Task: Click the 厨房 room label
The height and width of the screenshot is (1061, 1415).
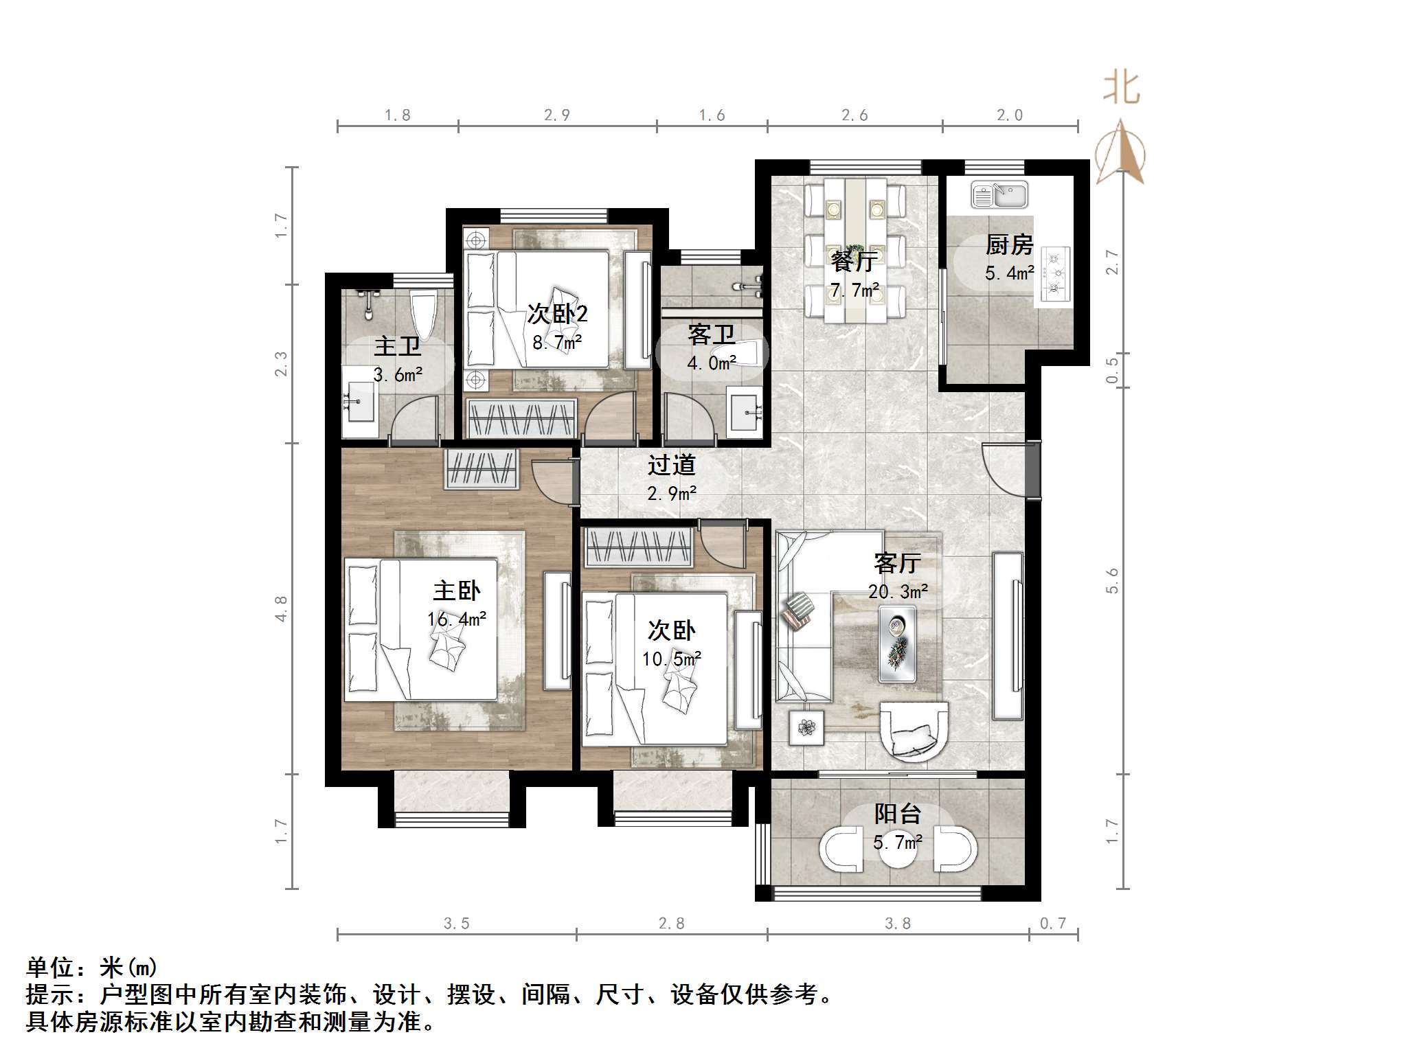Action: (1009, 244)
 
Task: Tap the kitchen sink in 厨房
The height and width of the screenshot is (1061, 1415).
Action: (999, 195)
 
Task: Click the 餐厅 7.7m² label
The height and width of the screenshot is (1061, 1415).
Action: (854, 275)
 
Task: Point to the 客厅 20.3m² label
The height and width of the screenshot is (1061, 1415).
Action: (898, 577)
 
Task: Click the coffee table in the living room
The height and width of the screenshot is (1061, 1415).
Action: (898, 643)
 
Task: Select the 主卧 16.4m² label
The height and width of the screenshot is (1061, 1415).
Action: (457, 604)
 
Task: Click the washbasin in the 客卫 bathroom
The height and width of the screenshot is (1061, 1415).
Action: (745, 412)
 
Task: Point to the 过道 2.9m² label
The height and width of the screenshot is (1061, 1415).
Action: (672, 478)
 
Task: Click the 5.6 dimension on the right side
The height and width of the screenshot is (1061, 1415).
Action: (1112, 581)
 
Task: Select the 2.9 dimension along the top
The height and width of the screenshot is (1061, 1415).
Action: (556, 115)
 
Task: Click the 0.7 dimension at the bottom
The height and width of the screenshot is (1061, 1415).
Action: (1052, 924)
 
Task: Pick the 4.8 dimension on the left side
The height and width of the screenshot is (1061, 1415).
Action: (281, 608)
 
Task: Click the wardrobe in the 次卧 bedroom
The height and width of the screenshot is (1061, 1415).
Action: (638, 547)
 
